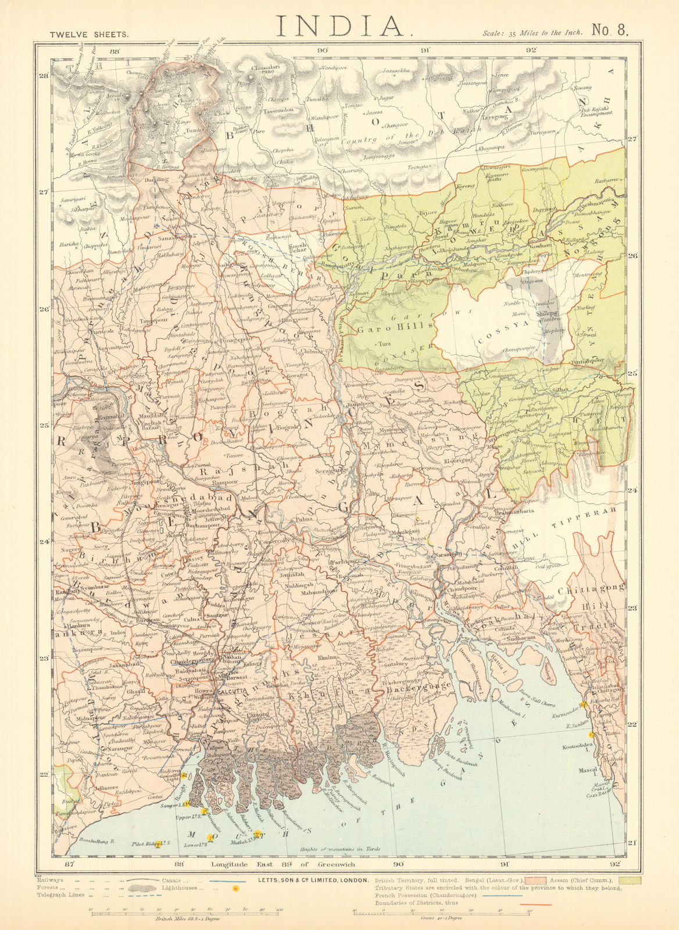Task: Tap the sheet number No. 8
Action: [x=610, y=31]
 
